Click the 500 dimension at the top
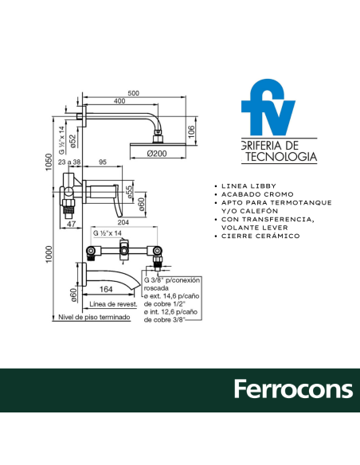coord(134,93)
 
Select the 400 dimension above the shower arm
coord(119,101)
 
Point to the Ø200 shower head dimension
coord(157,154)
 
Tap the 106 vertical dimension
coord(192,131)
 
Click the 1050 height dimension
coord(49,162)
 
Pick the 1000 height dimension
coord(49,254)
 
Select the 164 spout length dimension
coord(106,289)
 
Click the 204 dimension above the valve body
coord(123,222)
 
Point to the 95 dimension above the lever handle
coord(103,162)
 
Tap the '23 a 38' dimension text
coord(69,162)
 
